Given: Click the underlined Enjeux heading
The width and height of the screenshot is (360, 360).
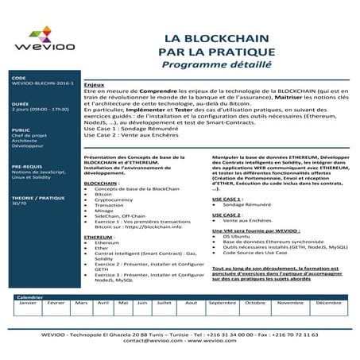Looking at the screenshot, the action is (x=94, y=83).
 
